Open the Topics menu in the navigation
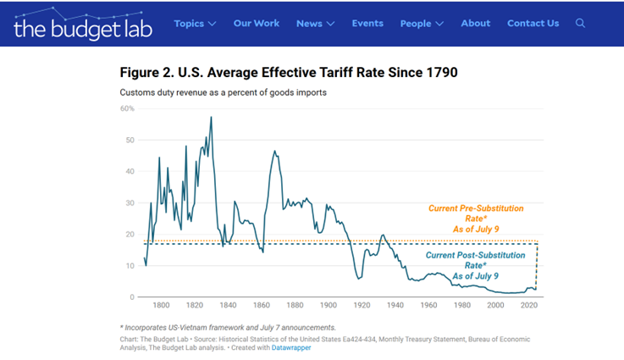click(x=195, y=24)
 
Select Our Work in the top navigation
click(x=256, y=24)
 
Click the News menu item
click(x=315, y=24)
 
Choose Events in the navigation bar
click(x=367, y=24)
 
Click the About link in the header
click(x=476, y=24)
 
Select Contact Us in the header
click(x=533, y=24)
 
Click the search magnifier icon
click(x=581, y=24)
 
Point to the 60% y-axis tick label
click(x=128, y=108)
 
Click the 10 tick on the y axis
click(x=131, y=266)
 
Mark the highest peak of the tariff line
click(x=211, y=117)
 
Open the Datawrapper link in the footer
click(x=290, y=348)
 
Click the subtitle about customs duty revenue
click(x=223, y=91)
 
